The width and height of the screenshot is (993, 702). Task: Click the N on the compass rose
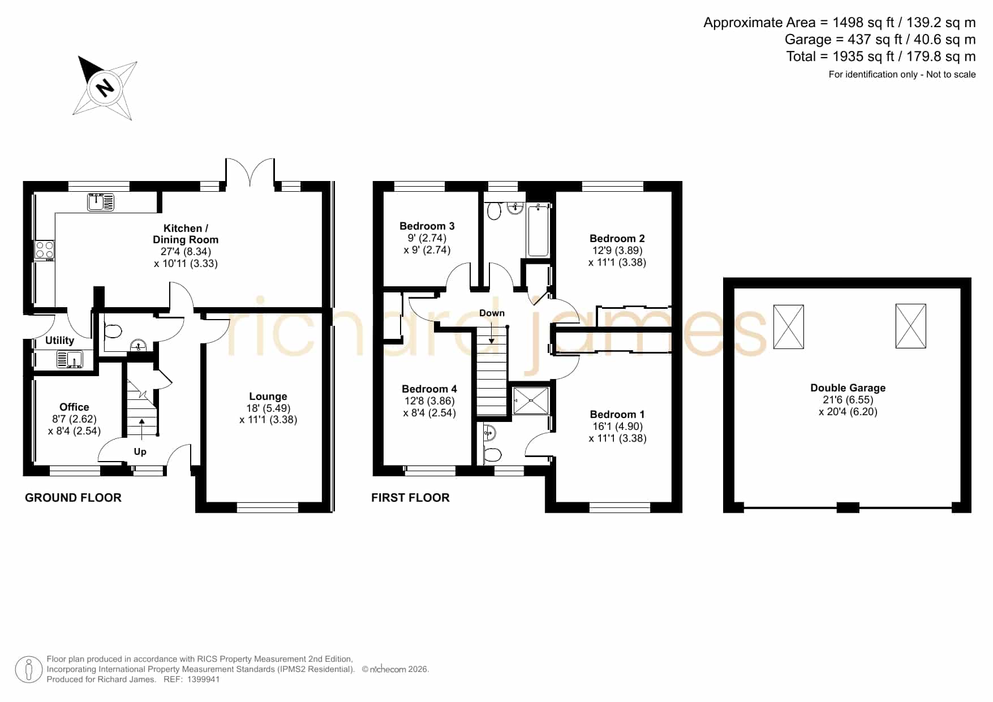tap(105, 88)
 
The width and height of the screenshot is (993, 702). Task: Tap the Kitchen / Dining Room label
tap(186, 234)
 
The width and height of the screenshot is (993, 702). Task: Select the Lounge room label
tap(268, 397)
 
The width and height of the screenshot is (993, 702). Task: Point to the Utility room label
tap(59, 340)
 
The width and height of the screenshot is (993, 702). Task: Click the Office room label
tap(74, 407)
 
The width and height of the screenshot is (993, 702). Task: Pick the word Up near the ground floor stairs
tap(140, 451)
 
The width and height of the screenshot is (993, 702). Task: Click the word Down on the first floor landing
tap(492, 313)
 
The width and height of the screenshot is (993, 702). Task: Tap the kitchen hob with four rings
tap(45, 250)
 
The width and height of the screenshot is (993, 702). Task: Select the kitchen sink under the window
tap(101, 202)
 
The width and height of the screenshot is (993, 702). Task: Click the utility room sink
tap(70, 359)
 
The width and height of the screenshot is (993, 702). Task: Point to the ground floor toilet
tap(113, 331)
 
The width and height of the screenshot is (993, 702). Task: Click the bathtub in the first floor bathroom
tap(538, 231)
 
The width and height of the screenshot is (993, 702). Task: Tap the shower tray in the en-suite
tap(531, 400)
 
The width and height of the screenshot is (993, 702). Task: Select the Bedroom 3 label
tap(427, 226)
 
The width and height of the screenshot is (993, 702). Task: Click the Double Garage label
tap(848, 387)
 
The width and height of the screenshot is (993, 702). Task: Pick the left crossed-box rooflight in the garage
tap(788, 327)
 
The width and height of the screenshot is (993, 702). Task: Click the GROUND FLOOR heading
tap(73, 498)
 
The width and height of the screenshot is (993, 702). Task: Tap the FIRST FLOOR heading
tap(410, 498)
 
